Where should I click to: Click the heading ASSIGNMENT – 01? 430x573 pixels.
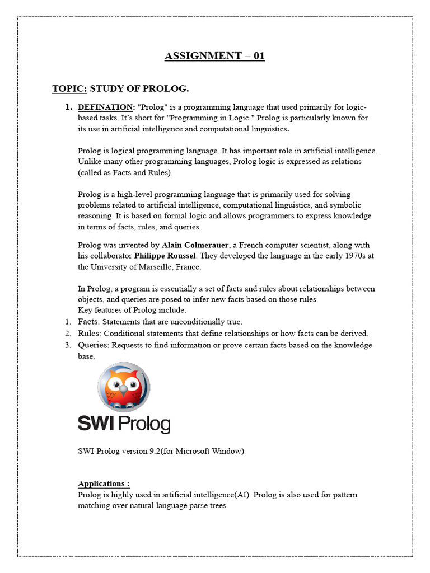click(x=214, y=55)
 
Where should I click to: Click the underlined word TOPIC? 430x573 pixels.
click(x=69, y=88)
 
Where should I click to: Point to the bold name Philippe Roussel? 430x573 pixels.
click(x=165, y=256)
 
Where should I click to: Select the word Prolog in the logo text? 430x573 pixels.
click(x=144, y=424)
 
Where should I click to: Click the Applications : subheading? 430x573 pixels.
click(x=104, y=483)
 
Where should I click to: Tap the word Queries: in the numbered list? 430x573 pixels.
click(x=94, y=345)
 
